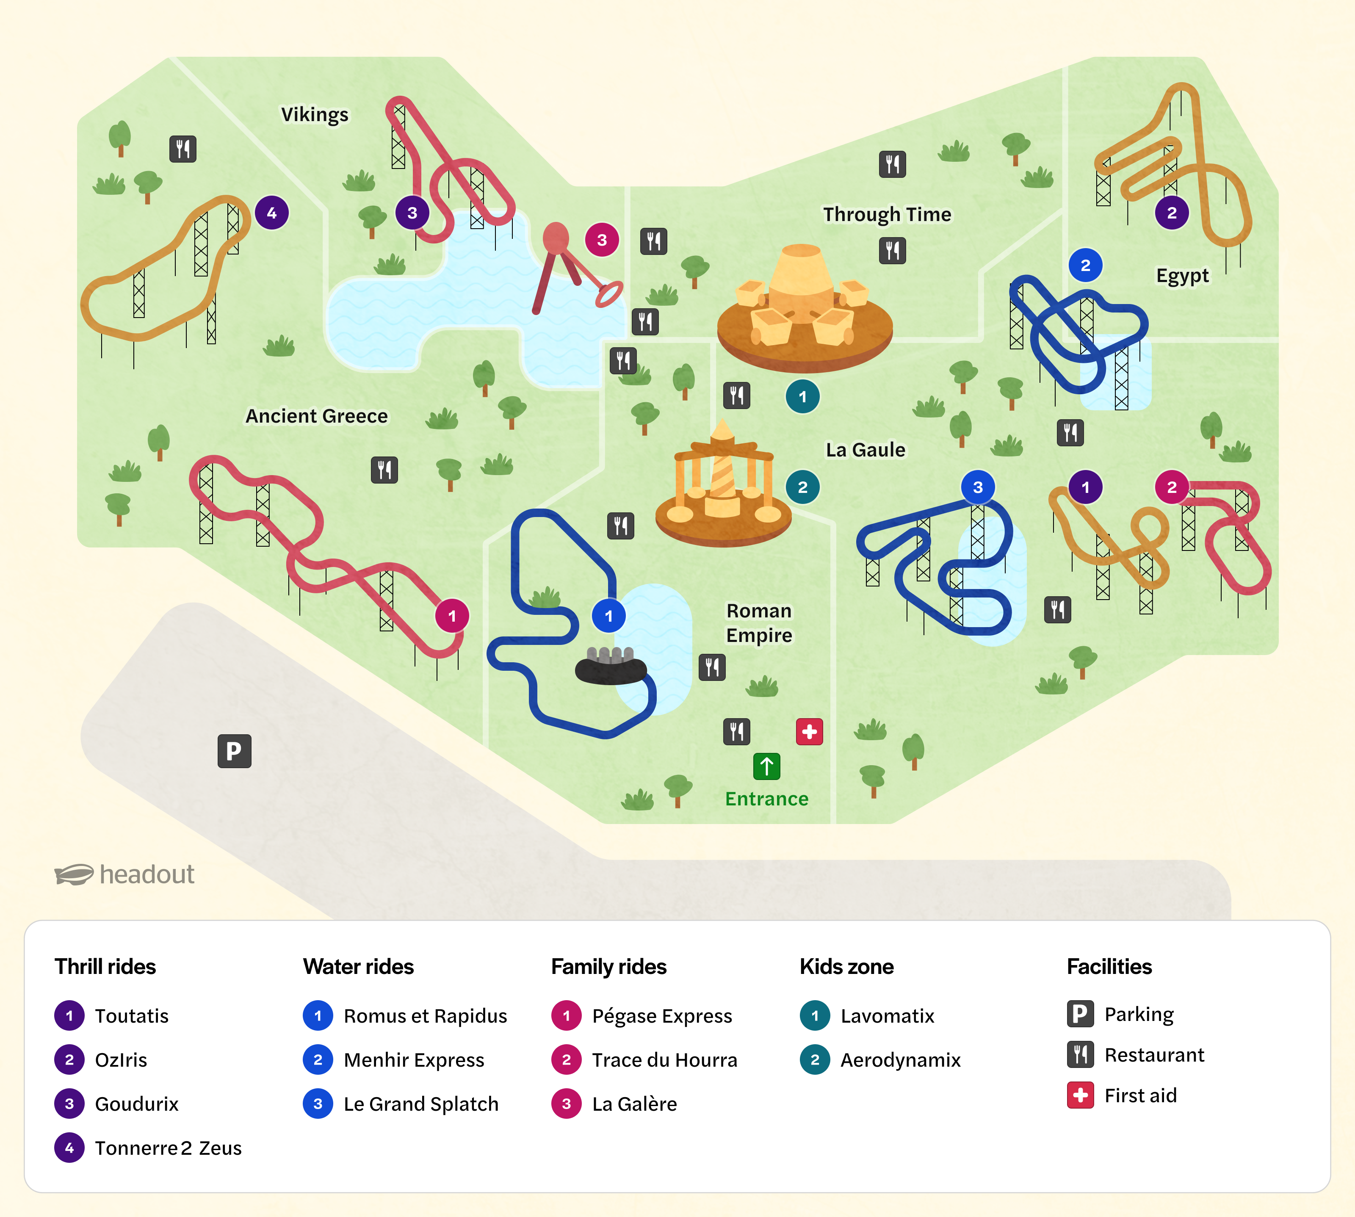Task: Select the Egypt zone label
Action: pos(1182,276)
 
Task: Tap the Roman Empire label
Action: pos(759,622)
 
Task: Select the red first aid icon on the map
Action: pos(809,732)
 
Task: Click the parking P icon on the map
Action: pos(234,751)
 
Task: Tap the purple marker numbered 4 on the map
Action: pos(271,213)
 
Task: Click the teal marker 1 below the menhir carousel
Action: pos(802,396)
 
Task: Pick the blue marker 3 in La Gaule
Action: pos(977,487)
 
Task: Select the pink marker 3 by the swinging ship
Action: pos(602,239)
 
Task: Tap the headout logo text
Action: pos(147,874)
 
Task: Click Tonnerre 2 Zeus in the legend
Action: pos(168,1148)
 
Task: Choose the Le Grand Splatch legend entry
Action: pos(420,1104)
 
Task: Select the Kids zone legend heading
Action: pos(846,966)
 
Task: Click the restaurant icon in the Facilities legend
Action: pos(1080,1054)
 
